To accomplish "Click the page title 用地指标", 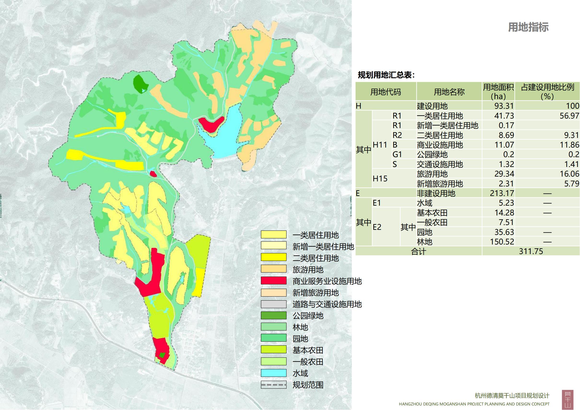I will tap(528, 27).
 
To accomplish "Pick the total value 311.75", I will tap(531, 251).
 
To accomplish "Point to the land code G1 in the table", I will tap(397, 154).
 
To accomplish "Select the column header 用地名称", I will tap(449, 92).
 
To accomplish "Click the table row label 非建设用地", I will tap(436, 193).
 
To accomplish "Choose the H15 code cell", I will tap(380, 179).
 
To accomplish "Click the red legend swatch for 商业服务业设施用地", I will tap(274, 281).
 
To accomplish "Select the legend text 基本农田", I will tap(308, 350).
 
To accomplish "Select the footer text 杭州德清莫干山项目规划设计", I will tap(512, 395).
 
